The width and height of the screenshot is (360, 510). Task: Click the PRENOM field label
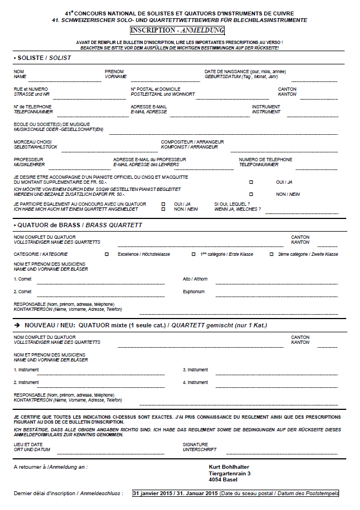(114, 72)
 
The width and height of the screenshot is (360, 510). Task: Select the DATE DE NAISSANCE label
(245, 72)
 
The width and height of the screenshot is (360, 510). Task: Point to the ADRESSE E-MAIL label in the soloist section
(149, 107)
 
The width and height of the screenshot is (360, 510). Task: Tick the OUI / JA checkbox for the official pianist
(251, 182)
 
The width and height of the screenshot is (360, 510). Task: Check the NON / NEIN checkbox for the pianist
(251, 194)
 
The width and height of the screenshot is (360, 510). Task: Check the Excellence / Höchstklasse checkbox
(107, 254)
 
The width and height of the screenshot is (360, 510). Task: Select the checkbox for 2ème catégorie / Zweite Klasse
(272, 254)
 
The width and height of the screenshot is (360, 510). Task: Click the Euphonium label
(194, 292)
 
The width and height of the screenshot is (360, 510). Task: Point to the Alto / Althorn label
(195, 279)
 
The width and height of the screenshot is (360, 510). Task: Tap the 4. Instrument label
(195, 382)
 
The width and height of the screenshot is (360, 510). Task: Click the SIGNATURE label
(195, 445)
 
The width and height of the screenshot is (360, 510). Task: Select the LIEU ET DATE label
(28, 445)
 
